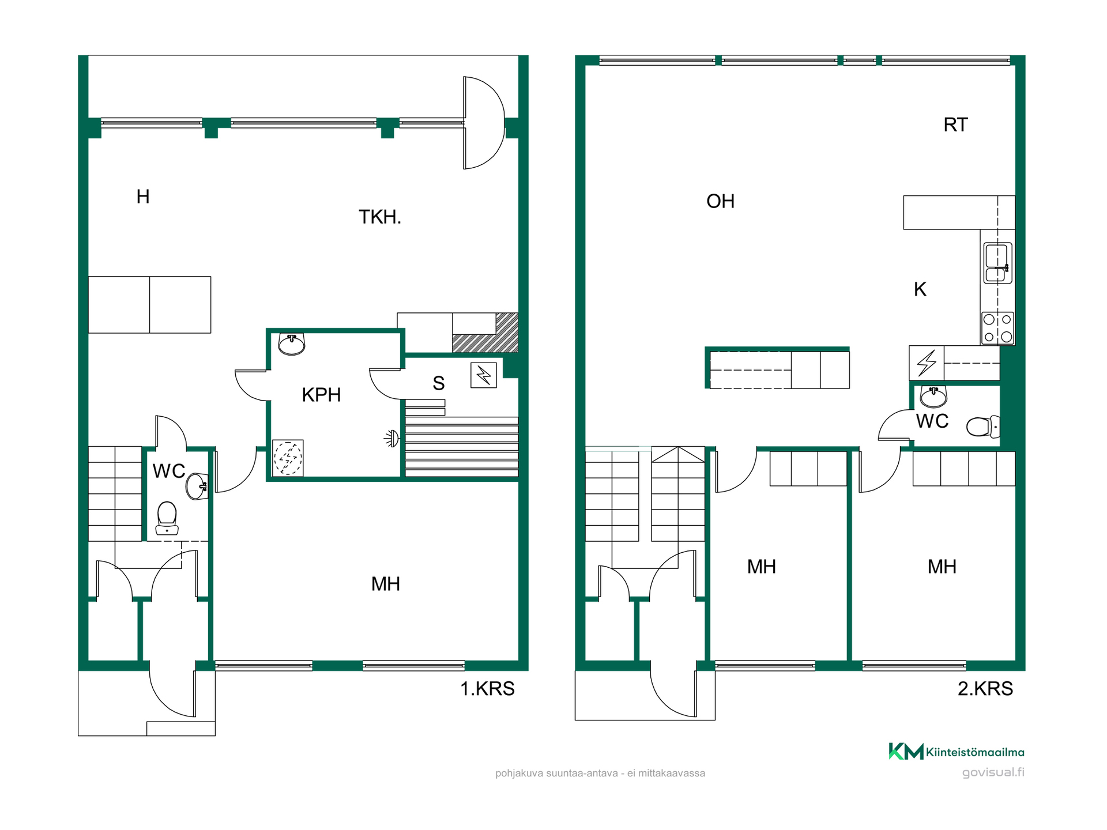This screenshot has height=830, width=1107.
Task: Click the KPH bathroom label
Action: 321,395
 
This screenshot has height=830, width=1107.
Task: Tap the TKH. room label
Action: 379,217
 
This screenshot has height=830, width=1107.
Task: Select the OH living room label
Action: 720,201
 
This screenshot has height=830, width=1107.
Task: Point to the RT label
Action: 955,124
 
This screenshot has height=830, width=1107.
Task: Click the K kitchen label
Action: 920,289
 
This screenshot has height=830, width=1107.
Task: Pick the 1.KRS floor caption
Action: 487,689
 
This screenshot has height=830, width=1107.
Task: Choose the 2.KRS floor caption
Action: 985,689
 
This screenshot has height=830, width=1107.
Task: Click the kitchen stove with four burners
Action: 997,328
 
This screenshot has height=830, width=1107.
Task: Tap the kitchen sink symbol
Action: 997,263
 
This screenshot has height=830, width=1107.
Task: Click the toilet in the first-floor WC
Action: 167,518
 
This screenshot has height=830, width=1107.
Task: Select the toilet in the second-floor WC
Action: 983,427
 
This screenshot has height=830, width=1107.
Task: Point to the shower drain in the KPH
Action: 288,458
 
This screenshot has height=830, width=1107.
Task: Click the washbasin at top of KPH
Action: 292,344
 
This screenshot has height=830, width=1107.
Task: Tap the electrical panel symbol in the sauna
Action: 483,375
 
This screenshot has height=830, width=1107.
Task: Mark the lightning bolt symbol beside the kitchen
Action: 927,363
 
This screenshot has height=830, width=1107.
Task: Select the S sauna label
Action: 439,383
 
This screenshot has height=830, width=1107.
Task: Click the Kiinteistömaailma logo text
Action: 975,752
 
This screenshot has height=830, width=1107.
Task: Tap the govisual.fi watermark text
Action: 993,772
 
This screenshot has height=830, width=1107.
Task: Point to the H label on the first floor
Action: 143,197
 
